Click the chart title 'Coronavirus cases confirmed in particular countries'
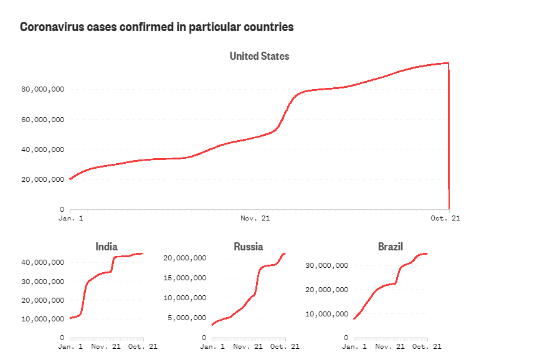tap(156, 27)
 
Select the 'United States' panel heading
tap(259, 56)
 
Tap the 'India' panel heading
tap(107, 247)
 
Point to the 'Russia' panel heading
tap(249, 247)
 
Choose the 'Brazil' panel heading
tap(391, 247)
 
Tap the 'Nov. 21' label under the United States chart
tap(255, 219)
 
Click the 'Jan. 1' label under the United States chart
tap(70, 219)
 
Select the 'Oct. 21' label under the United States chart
tap(446, 219)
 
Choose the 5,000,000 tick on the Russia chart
tap(186, 318)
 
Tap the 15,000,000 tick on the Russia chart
tap(184, 278)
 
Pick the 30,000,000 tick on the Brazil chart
tap(327, 265)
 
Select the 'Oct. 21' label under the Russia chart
tap(287, 346)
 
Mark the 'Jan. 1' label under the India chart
tap(70, 346)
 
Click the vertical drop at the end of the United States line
tap(449, 137)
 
